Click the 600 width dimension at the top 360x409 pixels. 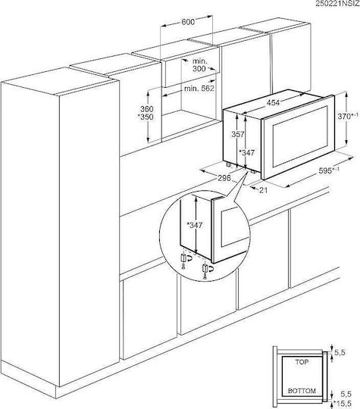click(x=188, y=22)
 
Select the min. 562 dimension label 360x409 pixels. click(x=199, y=89)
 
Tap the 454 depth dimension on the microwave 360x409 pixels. click(x=273, y=103)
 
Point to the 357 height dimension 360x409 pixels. click(x=238, y=134)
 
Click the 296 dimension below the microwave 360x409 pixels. click(x=224, y=178)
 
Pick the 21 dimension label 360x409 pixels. click(x=264, y=190)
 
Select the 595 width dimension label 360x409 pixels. click(x=329, y=170)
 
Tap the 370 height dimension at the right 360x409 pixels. click(x=348, y=117)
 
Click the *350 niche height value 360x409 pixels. click(x=146, y=117)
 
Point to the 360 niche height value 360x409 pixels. click(x=147, y=109)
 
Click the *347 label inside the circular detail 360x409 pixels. click(x=195, y=225)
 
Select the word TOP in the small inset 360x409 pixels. click(x=302, y=362)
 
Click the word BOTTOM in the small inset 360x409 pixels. click(x=302, y=391)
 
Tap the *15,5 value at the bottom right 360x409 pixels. click(x=343, y=403)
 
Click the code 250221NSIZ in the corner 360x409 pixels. click(x=337, y=3)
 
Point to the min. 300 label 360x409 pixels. click(x=200, y=65)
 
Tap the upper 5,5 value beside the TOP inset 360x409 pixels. click(x=340, y=352)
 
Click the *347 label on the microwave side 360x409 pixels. click(x=247, y=152)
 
